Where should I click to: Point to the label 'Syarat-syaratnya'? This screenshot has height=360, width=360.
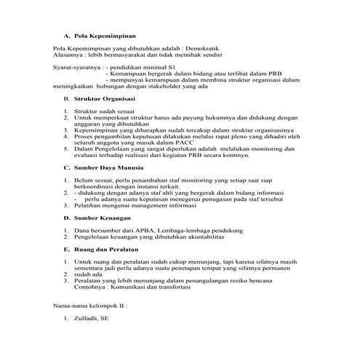[x=76, y=68]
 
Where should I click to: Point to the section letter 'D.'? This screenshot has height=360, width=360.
[x=66, y=238]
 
